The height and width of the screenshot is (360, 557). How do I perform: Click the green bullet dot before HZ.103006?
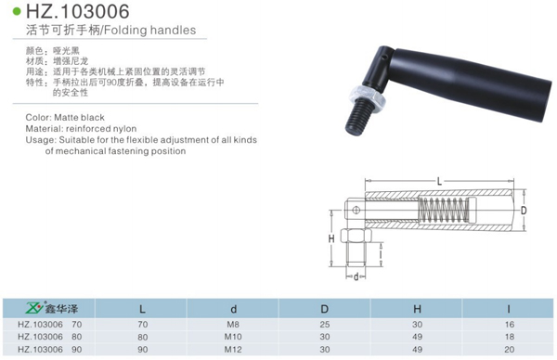click(17, 11)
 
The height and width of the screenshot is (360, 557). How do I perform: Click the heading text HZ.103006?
click(78, 11)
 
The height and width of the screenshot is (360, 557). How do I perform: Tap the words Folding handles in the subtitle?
click(149, 31)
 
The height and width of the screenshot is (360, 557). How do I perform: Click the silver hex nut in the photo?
click(368, 96)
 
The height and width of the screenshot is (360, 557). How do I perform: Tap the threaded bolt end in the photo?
click(358, 117)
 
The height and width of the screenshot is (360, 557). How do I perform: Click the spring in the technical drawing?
click(442, 211)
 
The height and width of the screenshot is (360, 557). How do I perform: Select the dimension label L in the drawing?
click(439, 182)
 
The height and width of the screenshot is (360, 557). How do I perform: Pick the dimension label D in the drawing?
click(524, 211)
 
